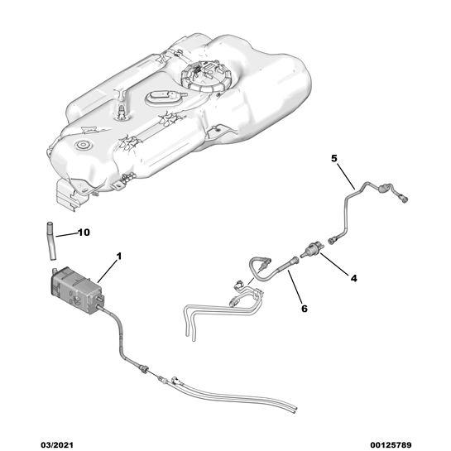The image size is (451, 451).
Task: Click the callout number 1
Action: (119, 256)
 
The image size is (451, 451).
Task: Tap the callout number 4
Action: (353, 278)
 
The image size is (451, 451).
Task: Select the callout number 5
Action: (333, 158)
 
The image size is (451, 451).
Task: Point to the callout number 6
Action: (304, 309)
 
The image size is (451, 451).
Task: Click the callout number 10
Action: (84, 232)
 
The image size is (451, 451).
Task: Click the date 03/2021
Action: (56, 445)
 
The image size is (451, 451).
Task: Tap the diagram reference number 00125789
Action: (391, 445)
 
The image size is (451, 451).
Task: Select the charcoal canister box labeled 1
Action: (76, 290)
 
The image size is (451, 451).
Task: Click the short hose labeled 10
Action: (51, 241)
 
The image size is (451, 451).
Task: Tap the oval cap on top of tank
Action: (164, 98)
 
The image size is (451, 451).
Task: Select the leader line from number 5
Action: (346, 176)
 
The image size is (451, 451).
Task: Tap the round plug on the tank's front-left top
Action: (84, 145)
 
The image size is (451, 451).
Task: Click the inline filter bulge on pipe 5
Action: (383, 189)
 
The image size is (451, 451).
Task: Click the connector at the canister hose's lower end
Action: (144, 368)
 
